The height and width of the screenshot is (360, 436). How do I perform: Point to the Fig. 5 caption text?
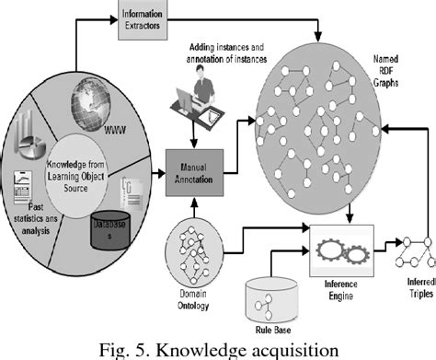point(218,348)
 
